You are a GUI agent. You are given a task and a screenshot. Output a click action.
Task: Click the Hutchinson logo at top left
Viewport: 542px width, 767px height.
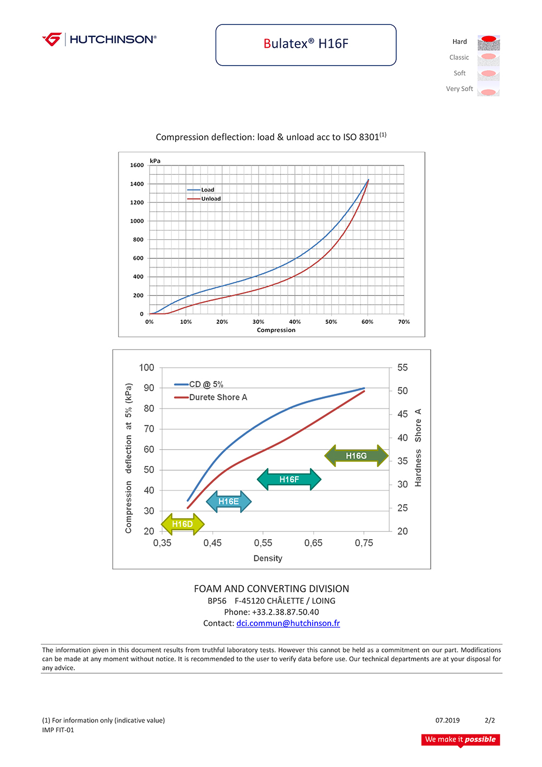(x=99, y=40)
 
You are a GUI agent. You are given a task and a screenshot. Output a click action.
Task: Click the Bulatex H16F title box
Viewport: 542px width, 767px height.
(x=306, y=44)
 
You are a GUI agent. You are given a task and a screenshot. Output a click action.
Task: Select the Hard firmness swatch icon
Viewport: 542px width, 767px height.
(x=488, y=42)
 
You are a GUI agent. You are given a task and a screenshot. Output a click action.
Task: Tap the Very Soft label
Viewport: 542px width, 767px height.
(x=459, y=89)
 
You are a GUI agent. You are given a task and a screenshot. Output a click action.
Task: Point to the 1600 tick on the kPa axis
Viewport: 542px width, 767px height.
(x=137, y=165)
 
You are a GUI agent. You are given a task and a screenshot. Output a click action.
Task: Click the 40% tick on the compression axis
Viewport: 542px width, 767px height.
(x=295, y=322)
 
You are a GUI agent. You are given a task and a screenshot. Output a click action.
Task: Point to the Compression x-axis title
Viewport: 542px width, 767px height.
(x=276, y=330)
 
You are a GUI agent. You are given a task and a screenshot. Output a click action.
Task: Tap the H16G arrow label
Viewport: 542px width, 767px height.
(x=356, y=456)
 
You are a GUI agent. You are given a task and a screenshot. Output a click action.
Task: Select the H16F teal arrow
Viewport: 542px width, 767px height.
(x=289, y=480)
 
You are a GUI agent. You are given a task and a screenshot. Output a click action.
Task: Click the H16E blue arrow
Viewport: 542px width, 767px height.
(x=229, y=502)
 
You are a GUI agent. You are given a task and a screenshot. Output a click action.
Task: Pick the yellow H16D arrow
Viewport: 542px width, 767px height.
(x=183, y=524)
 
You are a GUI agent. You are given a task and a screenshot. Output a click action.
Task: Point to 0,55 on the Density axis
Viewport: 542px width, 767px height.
(x=263, y=543)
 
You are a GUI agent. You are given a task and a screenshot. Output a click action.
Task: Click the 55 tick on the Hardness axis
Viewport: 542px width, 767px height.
(x=402, y=368)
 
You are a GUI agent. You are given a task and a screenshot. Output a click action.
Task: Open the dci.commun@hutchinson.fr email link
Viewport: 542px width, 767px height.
(x=288, y=624)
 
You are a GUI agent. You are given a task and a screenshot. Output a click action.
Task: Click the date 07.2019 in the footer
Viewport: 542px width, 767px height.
(x=447, y=721)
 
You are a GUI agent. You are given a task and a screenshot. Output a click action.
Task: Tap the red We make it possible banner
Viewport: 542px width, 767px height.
(x=460, y=740)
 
